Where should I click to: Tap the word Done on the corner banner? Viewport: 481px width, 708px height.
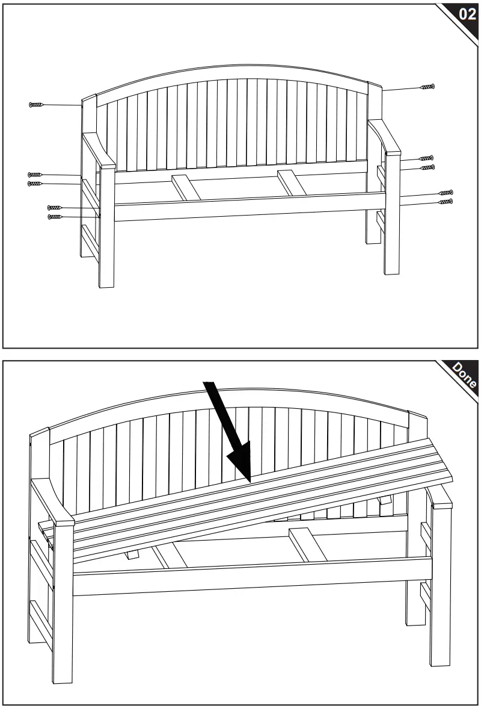[464, 376]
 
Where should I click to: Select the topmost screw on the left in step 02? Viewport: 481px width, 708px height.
[37, 105]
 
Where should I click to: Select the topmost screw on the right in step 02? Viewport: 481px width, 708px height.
[427, 87]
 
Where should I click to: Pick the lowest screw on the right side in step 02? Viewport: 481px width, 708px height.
[446, 202]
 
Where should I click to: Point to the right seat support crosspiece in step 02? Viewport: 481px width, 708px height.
[292, 183]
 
